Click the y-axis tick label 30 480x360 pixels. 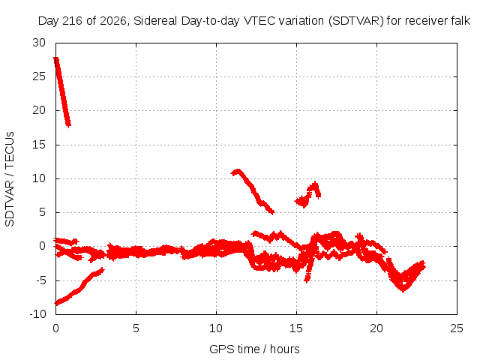pos(39,43)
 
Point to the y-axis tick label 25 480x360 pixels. pos(39,76)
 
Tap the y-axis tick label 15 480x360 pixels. pos(39,145)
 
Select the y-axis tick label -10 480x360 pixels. pos(38,314)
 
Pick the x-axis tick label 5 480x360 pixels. pos(136,328)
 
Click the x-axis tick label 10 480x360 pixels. pos(216,328)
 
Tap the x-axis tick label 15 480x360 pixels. pos(296,328)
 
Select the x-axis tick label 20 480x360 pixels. pos(376,328)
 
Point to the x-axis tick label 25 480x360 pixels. pos(457,328)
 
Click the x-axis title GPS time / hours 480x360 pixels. pos(254,349)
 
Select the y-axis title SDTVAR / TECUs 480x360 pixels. pos(10,179)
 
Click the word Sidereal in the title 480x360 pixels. pos(155,21)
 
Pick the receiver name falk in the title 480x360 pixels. pos(460,21)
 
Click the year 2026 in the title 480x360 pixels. pos(113,21)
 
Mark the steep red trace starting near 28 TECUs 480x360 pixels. pos(62,91)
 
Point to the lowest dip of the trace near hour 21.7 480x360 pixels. pos(403,289)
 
